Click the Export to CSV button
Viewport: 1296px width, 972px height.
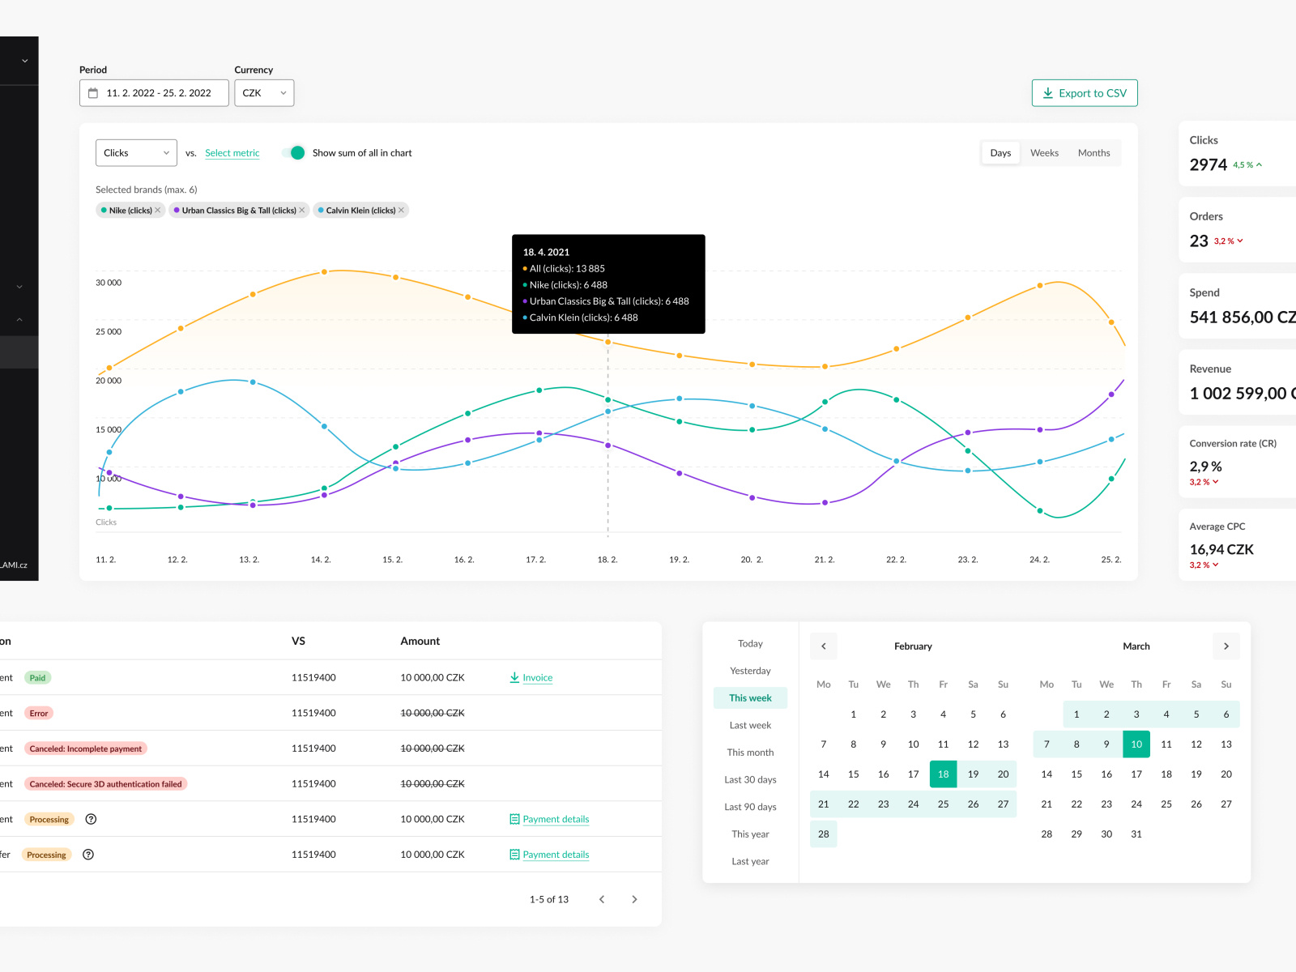(x=1085, y=93)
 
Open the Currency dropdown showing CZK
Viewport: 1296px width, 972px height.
(x=264, y=93)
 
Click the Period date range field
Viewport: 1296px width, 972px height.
(x=154, y=93)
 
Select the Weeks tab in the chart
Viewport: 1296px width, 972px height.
(x=1044, y=153)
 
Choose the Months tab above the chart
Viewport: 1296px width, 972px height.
(x=1093, y=153)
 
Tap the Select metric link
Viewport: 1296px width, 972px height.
(x=232, y=153)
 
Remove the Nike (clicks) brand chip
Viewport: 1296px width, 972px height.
(x=158, y=211)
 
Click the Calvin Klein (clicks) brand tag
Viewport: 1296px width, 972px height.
(x=360, y=211)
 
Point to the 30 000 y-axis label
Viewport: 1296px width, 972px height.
(x=109, y=283)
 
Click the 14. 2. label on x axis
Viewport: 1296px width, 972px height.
(x=321, y=560)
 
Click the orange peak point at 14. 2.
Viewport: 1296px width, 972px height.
(x=324, y=272)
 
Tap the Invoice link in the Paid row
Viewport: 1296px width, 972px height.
(x=537, y=678)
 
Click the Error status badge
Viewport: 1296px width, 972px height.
(x=39, y=714)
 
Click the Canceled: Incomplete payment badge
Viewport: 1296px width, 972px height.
(x=85, y=749)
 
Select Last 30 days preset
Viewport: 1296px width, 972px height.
(x=750, y=780)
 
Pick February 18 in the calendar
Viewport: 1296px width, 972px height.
(x=943, y=774)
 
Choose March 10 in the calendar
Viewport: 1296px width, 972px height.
(x=1136, y=744)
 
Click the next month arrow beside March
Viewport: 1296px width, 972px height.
(x=1226, y=646)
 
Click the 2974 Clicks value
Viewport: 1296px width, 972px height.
(x=1208, y=165)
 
